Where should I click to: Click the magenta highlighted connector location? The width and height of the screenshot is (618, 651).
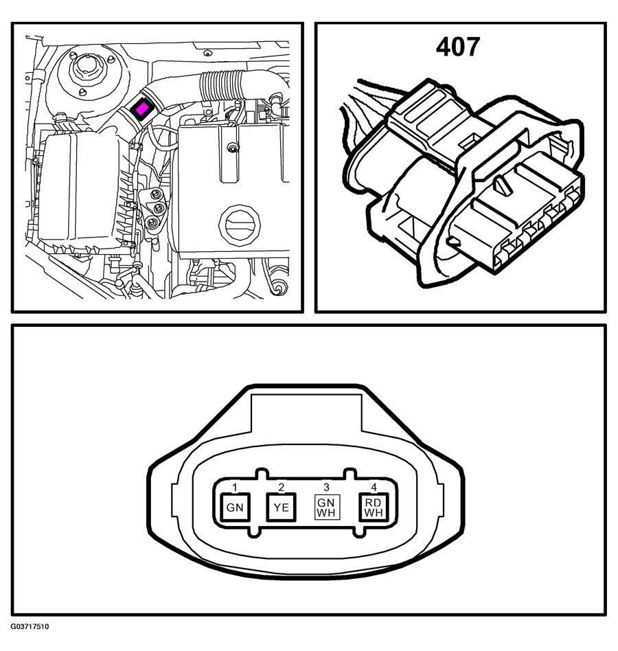point(141,109)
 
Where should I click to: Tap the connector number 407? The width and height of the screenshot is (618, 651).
point(458,47)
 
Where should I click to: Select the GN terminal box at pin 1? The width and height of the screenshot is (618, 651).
point(235,507)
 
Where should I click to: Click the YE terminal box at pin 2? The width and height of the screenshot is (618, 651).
point(281,507)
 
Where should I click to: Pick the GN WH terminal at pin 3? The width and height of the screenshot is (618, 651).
point(327,507)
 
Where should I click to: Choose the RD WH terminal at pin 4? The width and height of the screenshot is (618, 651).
point(373,507)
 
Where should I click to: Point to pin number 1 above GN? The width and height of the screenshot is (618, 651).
point(235,487)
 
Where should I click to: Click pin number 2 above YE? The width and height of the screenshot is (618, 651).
point(282,487)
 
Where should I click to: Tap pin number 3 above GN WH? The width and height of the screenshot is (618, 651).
point(327,487)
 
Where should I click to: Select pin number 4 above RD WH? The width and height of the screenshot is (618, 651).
point(374,487)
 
